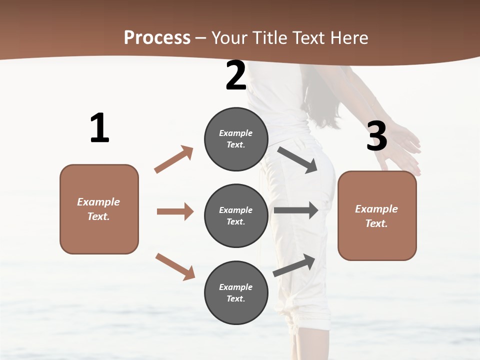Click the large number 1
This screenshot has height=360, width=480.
[x=99, y=128]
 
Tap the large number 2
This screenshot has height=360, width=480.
[x=236, y=76]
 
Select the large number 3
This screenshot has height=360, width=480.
[x=376, y=136]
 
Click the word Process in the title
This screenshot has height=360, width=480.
[x=157, y=37]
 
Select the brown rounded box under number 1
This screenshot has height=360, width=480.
[x=99, y=209]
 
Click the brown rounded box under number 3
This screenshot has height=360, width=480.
[x=377, y=215]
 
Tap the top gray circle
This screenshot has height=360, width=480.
[x=236, y=138]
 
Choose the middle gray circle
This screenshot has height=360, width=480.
[x=236, y=215]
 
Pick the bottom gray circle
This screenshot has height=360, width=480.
[x=236, y=292]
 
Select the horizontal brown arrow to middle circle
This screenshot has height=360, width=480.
[x=175, y=211]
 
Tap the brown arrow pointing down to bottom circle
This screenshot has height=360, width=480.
[x=175, y=266]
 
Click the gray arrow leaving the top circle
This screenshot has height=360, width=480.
[x=297, y=159]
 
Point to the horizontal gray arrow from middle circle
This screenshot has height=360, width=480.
[x=295, y=210]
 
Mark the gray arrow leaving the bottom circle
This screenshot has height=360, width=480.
[x=294, y=265]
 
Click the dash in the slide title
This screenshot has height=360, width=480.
[x=201, y=38]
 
